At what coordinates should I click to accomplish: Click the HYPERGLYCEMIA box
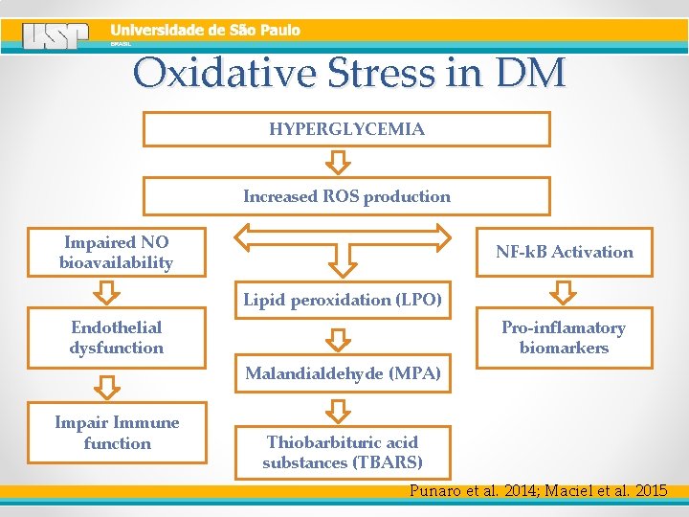point(346,129)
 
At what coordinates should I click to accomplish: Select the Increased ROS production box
point(346,196)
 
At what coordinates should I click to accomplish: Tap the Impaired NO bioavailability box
point(117,253)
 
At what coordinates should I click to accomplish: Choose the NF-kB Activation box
point(565,252)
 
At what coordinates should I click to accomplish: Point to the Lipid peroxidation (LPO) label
point(343,300)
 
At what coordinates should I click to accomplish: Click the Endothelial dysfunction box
point(117,338)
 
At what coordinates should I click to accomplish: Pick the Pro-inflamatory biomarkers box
point(565,338)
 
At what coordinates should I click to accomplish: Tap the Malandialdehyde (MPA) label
point(343,373)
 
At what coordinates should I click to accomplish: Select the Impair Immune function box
point(117,434)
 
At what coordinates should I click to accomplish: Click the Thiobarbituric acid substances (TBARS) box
point(343,452)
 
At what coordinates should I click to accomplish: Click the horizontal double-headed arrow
point(343,236)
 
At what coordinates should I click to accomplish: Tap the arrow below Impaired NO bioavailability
point(110,291)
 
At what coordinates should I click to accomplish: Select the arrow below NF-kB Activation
point(565,291)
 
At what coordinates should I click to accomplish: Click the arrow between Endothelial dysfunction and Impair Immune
point(110,386)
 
